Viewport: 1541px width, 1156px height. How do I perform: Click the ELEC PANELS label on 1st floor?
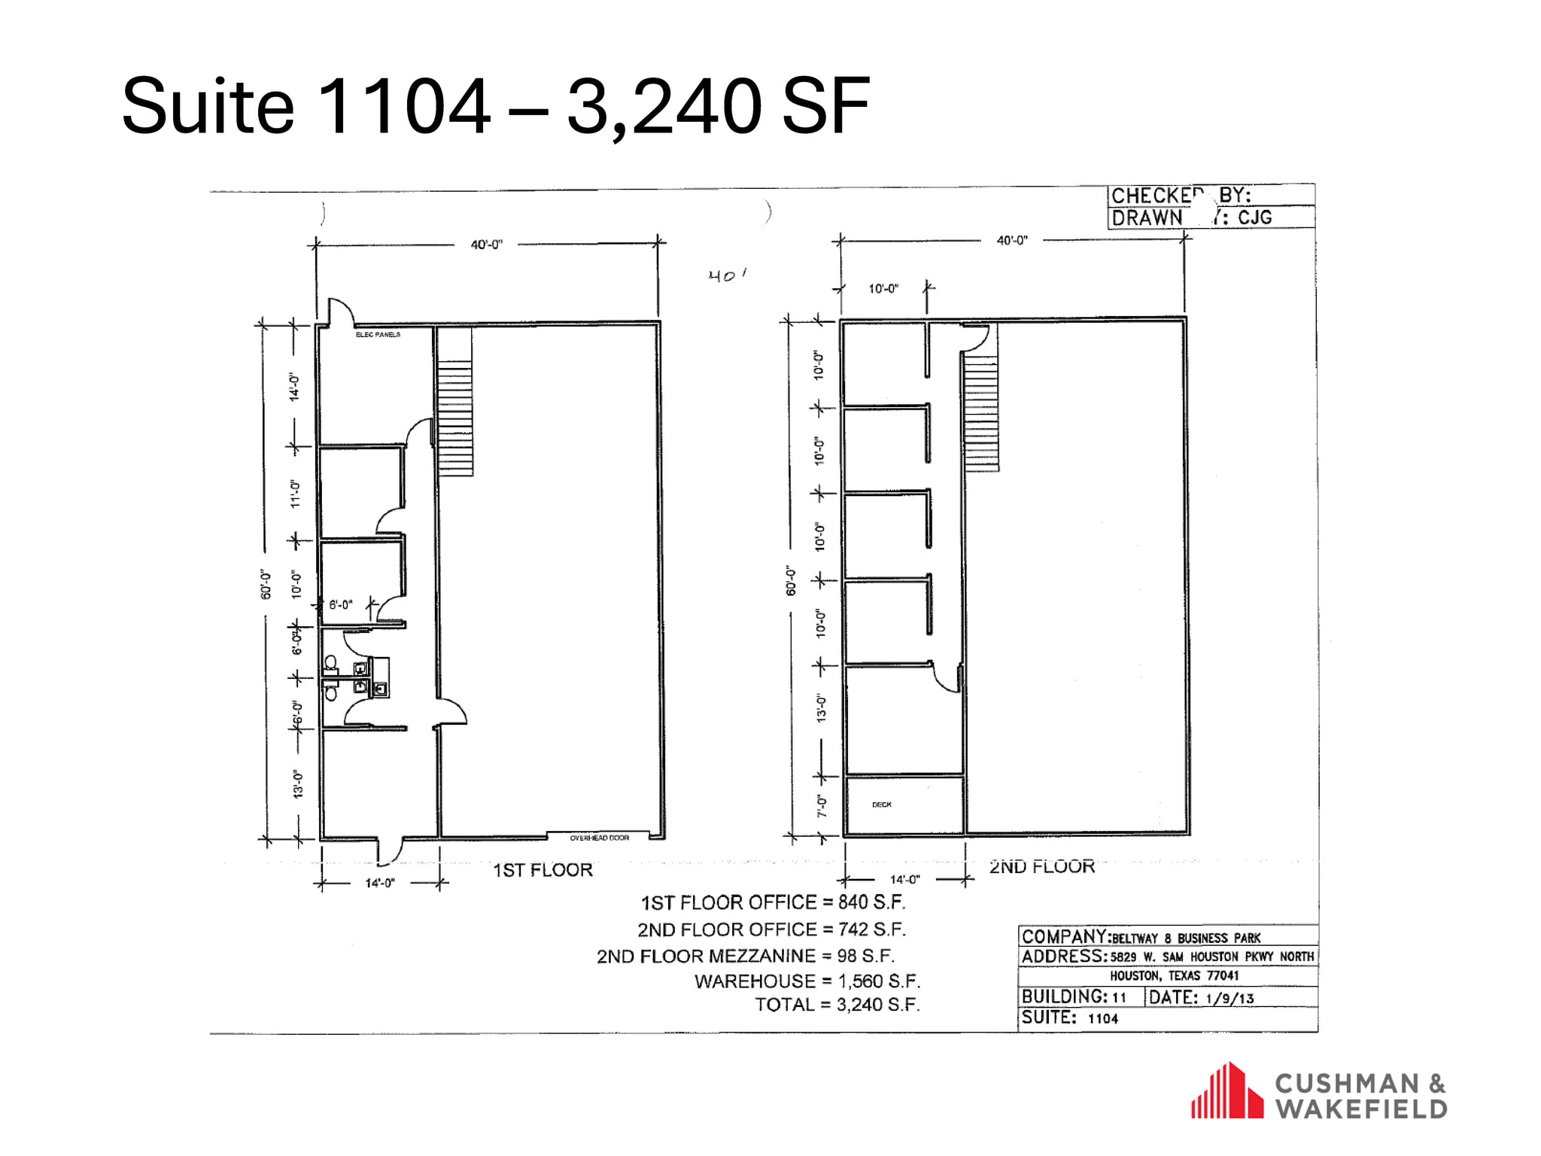(378, 334)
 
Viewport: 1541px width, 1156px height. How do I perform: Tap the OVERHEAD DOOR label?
(599, 838)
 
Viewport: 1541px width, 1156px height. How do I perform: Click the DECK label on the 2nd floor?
(881, 805)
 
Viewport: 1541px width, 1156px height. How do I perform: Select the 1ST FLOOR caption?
(543, 870)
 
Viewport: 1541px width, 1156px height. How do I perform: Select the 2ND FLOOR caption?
(1041, 866)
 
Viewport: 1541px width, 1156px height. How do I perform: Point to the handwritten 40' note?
(726, 275)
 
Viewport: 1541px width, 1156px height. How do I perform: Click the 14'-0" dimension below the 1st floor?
(380, 883)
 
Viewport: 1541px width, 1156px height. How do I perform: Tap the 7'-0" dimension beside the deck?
(822, 806)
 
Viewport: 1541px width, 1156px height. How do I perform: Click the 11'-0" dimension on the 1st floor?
(296, 494)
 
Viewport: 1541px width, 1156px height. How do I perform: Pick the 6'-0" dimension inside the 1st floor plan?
(340, 604)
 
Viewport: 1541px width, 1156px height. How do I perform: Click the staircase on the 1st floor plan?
(454, 418)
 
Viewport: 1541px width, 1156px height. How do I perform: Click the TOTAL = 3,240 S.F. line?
(837, 1005)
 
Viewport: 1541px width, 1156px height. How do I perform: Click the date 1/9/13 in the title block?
(1229, 998)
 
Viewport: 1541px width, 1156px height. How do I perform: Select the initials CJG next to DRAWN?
(1255, 218)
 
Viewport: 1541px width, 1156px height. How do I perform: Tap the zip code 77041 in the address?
(1223, 975)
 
